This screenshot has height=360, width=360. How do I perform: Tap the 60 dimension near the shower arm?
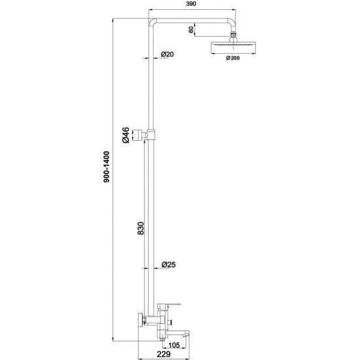tap(191, 29)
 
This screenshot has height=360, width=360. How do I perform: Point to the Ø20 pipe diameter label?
tap(166, 54)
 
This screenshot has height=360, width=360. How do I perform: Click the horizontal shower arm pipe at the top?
tap(193, 16)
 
